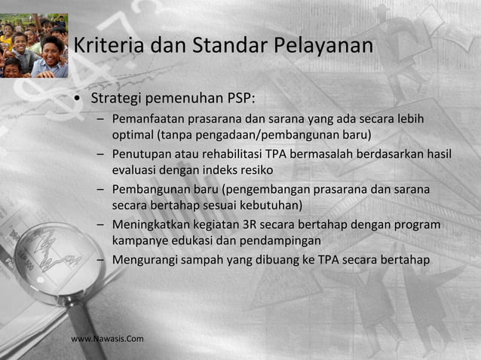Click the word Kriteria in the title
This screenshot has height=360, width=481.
tap(109, 46)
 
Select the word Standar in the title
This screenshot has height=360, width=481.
tap(228, 46)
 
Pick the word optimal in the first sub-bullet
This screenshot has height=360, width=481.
tap(133, 136)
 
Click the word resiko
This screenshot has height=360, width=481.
tap(256, 169)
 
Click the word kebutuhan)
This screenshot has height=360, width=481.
tap(272, 204)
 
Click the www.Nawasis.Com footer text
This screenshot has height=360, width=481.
tap(107, 339)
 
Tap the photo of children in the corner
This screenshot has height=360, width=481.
tap(34, 45)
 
